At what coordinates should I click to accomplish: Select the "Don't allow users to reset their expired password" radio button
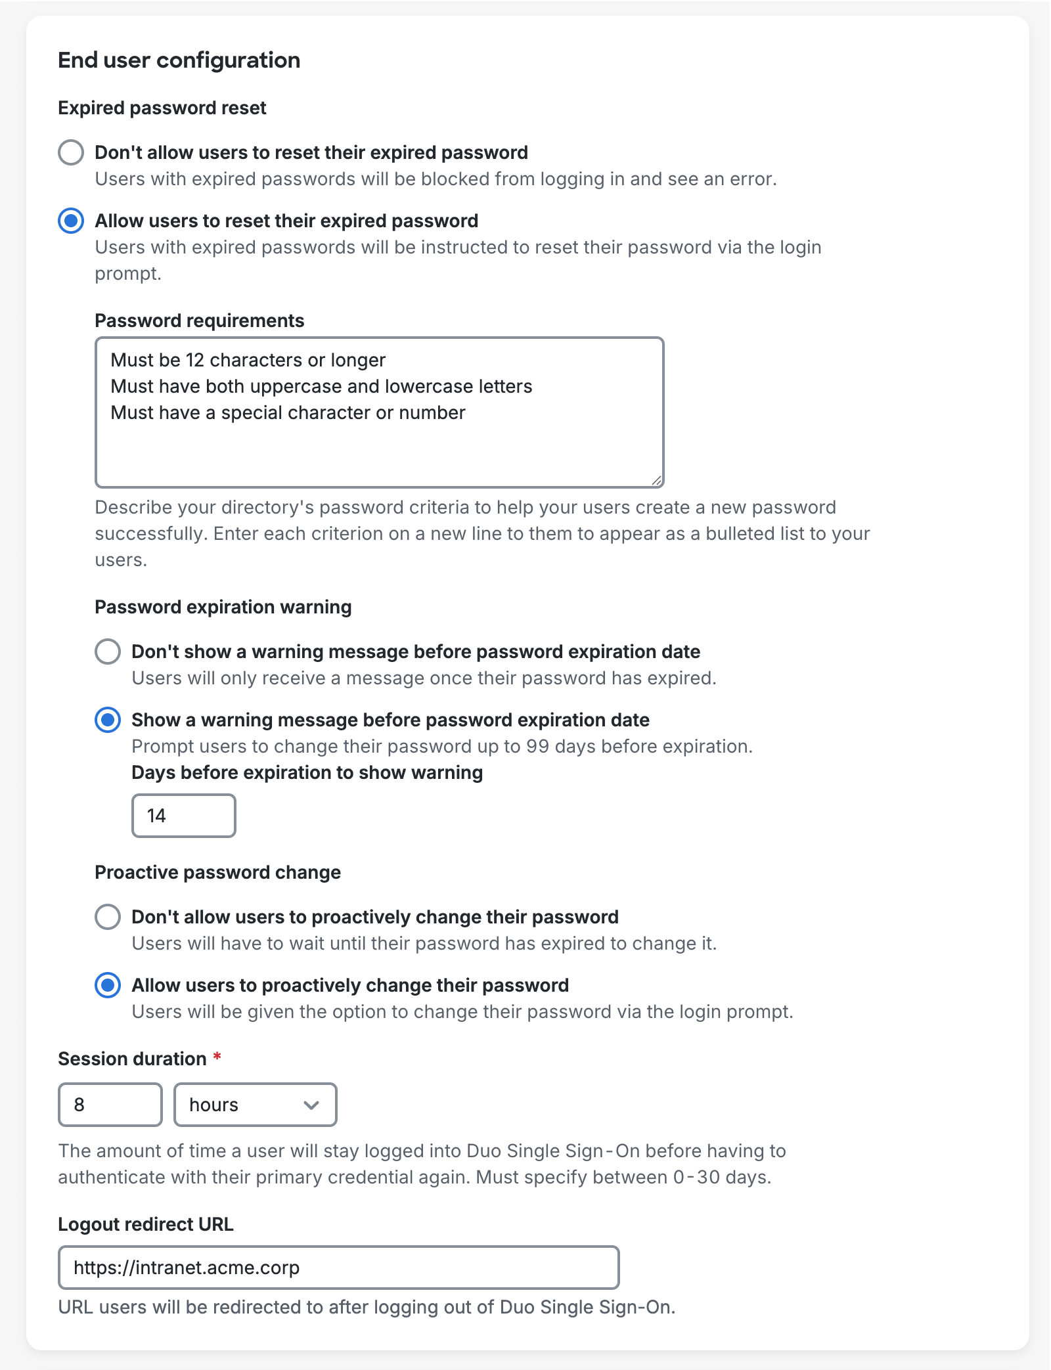71,152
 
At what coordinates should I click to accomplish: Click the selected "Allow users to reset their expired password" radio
71,221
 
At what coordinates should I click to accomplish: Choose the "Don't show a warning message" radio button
108,652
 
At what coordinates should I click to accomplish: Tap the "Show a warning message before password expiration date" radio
108,720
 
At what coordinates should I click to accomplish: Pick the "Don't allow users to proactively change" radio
108,917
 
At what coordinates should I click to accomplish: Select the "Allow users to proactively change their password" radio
108,985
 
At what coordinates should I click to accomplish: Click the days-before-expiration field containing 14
183,816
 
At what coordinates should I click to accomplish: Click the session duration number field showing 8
110,1105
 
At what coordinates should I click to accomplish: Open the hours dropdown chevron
311,1105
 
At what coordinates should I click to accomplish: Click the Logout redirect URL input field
338,1268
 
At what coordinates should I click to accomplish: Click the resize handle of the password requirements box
656,481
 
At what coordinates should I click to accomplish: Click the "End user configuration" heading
179,60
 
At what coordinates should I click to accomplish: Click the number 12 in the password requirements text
195,360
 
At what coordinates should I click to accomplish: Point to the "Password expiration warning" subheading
223,607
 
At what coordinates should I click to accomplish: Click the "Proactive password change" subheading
217,872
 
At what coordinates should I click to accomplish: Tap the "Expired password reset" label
162,108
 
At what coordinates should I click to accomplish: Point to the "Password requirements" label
199,320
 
